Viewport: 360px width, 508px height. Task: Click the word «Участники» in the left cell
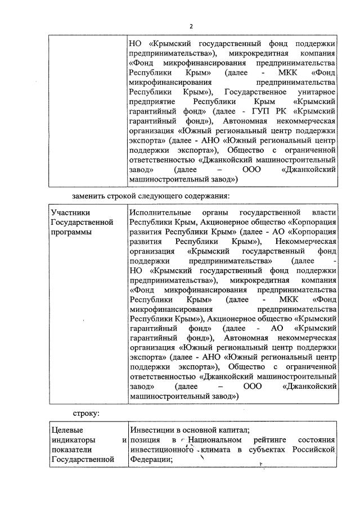point(70,213)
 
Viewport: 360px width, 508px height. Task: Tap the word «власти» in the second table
point(323,213)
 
